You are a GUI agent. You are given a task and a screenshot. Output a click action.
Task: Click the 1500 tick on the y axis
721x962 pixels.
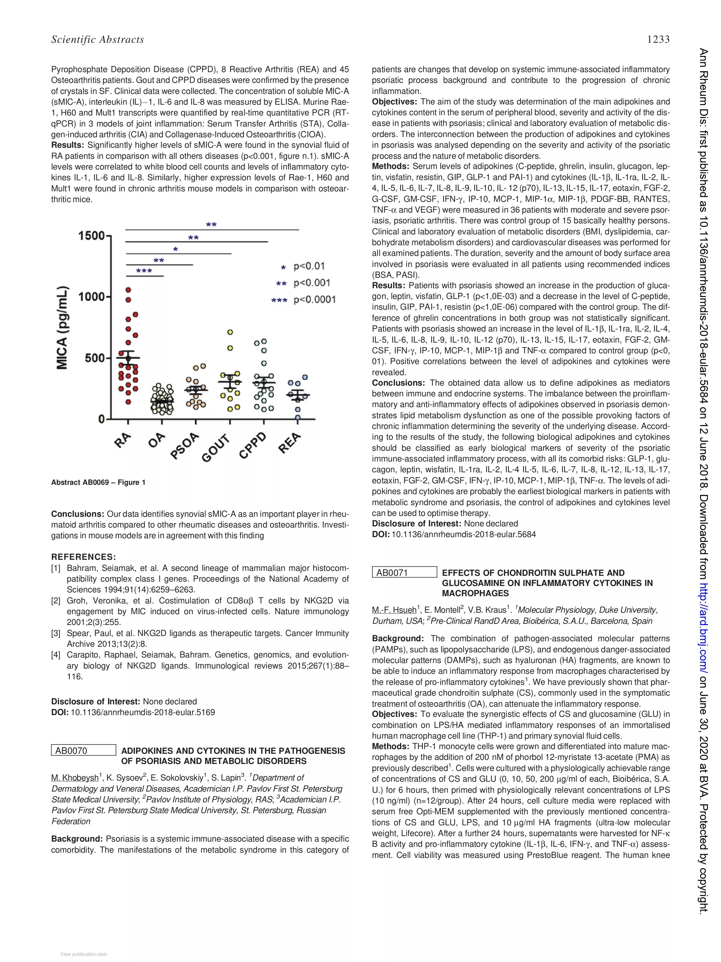[92, 236]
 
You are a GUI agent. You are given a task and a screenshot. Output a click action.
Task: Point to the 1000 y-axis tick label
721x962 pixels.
[92, 297]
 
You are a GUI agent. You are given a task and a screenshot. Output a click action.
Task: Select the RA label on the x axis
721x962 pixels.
[124, 440]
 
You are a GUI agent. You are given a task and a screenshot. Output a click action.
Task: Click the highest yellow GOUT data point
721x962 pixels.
[230, 332]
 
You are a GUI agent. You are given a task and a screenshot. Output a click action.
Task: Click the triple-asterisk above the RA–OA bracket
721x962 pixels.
[144, 271]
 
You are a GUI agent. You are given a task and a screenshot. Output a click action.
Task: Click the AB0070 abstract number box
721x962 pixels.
[83, 750]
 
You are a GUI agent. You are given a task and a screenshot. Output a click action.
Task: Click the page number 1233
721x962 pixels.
[658, 40]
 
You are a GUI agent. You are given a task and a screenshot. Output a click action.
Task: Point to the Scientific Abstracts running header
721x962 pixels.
[97, 40]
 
